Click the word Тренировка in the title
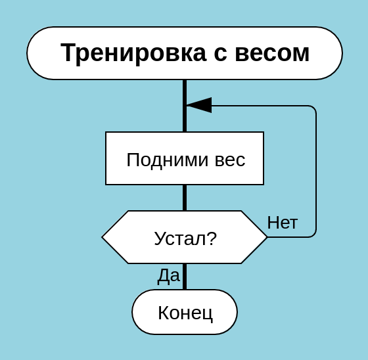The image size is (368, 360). click(x=133, y=53)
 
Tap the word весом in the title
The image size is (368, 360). click(x=272, y=53)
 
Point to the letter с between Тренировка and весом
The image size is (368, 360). click(x=221, y=54)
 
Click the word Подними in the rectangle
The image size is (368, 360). click(x=168, y=160)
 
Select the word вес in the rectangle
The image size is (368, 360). click(x=230, y=161)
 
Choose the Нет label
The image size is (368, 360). click(x=283, y=223)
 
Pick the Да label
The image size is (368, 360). click(x=168, y=276)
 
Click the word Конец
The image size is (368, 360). click(x=185, y=313)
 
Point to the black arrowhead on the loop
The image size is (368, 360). click(x=199, y=105)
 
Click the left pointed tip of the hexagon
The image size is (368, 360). click(x=102, y=237)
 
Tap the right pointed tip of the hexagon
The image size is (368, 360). click(x=267, y=237)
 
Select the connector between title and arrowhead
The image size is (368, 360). click(x=185, y=92)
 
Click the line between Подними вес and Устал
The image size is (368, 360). click(x=185, y=198)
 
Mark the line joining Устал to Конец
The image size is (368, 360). click(x=185, y=277)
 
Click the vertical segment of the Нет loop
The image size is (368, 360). click(x=316, y=171)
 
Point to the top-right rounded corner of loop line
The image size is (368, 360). click(x=314, y=108)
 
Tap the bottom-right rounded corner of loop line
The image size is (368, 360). click(x=314, y=235)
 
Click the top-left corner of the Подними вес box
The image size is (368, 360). click(x=106, y=132)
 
